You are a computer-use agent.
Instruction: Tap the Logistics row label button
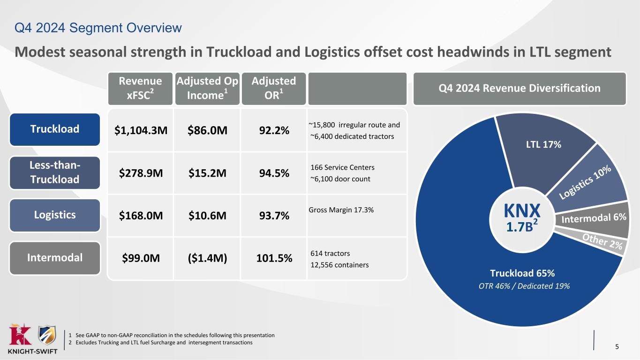54,215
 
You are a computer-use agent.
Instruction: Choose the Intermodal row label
54,258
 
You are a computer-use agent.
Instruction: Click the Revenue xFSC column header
140,88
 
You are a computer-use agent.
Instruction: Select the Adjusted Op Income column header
207,88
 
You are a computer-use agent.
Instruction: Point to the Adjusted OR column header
273,88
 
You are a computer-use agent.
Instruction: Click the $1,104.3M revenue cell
141,130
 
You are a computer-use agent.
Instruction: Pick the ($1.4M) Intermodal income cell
208,258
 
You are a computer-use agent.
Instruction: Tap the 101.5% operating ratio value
274,258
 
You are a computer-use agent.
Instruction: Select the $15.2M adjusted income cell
208,173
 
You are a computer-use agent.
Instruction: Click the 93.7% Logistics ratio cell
274,216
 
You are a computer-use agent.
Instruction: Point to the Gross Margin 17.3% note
342,210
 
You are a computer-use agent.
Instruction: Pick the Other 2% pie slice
602,242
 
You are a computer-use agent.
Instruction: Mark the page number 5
617,347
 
